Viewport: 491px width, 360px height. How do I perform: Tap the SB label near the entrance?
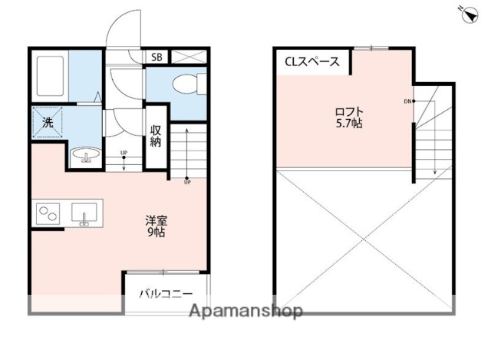(157, 57)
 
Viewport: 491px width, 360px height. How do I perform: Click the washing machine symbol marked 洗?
(48, 121)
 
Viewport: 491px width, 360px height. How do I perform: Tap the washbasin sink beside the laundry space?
(85, 157)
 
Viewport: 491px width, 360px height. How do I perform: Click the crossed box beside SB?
(189, 57)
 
